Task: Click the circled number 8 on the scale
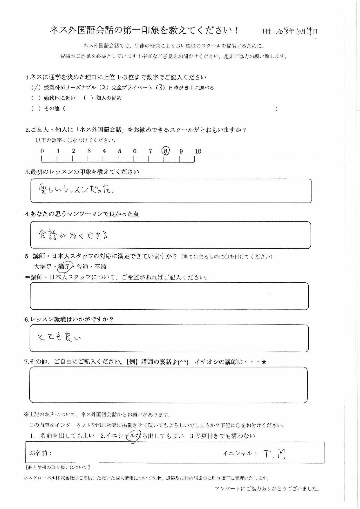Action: click(165, 151)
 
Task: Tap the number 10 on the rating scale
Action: click(198, 151)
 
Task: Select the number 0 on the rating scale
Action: click(42, 151)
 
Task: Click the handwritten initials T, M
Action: click(274, 454)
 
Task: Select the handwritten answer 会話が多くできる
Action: click(74, 234)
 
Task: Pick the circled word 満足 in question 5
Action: click(65, 266)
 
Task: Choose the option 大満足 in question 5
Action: click(43, 266)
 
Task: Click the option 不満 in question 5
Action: click(100, 266)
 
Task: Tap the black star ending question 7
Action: click(264, 362)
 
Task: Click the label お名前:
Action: click(41, 453)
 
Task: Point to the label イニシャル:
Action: click(240, 453)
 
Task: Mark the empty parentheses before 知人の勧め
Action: click(88, 98)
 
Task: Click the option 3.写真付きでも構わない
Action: click(222, 436)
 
